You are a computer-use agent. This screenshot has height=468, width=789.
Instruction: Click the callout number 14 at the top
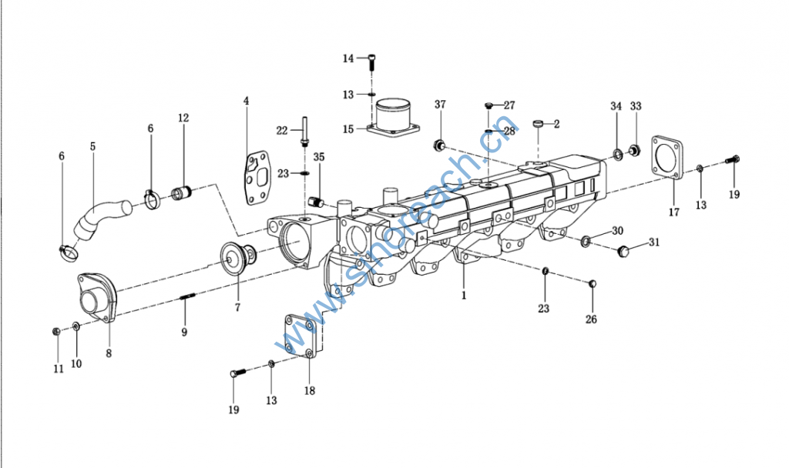click(x=348, y=58)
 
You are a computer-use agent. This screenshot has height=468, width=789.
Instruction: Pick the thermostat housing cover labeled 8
click(x=98, y=297)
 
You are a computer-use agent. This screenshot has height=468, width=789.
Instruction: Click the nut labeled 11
click(x=56, y=331)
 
